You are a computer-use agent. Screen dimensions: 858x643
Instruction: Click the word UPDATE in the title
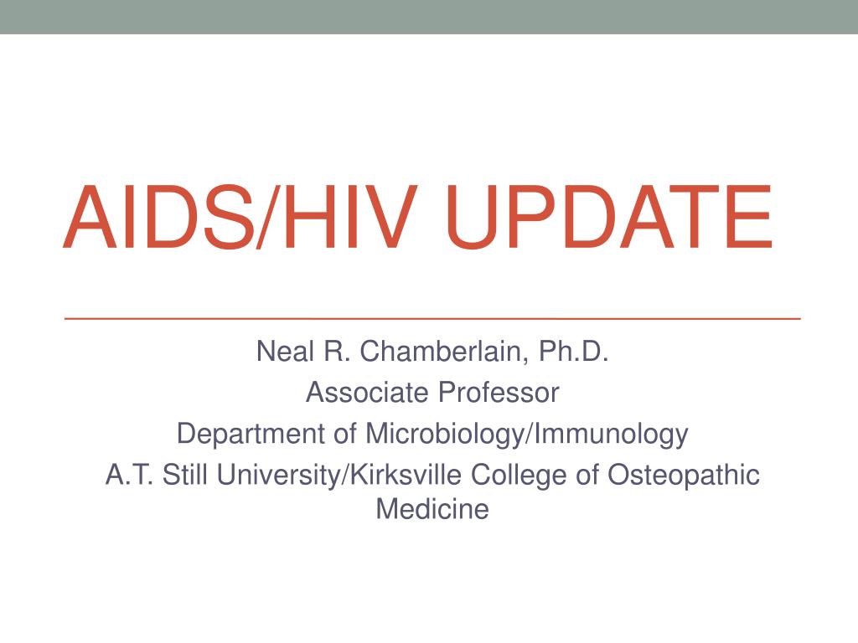click(608, 217)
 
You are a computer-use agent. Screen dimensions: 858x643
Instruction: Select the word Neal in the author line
click(286, 351)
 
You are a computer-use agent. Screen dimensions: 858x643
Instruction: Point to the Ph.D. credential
click(573, 351)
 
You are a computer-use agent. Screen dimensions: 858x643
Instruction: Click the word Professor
click(499, 392)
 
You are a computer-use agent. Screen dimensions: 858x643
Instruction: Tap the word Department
click(251, 434)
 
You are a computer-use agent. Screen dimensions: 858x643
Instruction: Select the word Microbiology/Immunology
click(526, 434)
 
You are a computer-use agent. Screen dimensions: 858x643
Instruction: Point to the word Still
click(185, 475)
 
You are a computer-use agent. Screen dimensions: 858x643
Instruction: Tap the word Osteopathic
click(684, 475)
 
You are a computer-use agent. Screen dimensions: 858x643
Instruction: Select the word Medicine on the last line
click(432, 509)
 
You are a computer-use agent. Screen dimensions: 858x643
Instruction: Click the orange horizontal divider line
click(432, 317)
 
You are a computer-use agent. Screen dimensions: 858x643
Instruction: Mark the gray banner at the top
click(429, 17)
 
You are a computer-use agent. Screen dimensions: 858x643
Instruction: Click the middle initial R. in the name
click(337, 351)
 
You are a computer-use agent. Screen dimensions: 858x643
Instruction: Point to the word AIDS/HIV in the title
click(240, 217)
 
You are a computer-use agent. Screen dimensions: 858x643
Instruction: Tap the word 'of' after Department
click(345, 434)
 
